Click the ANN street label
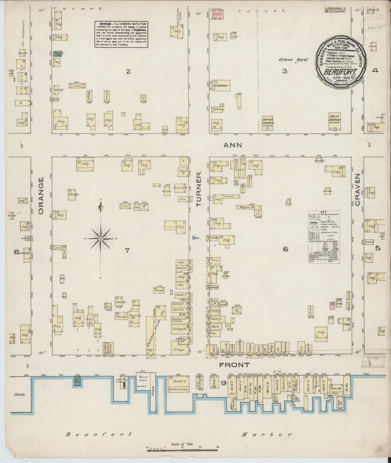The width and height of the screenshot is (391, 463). pos(233,145)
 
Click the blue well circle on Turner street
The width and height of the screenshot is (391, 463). pos(194,238)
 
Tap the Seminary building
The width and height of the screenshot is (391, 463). pos(221,86)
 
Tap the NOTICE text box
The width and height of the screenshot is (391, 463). pos(121,34)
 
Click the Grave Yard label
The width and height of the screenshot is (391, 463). pos(293,60)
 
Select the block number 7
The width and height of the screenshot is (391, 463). pos(127,250)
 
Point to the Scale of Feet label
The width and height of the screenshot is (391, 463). pos(182,444)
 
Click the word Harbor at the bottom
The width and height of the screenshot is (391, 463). pos(267,435)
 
